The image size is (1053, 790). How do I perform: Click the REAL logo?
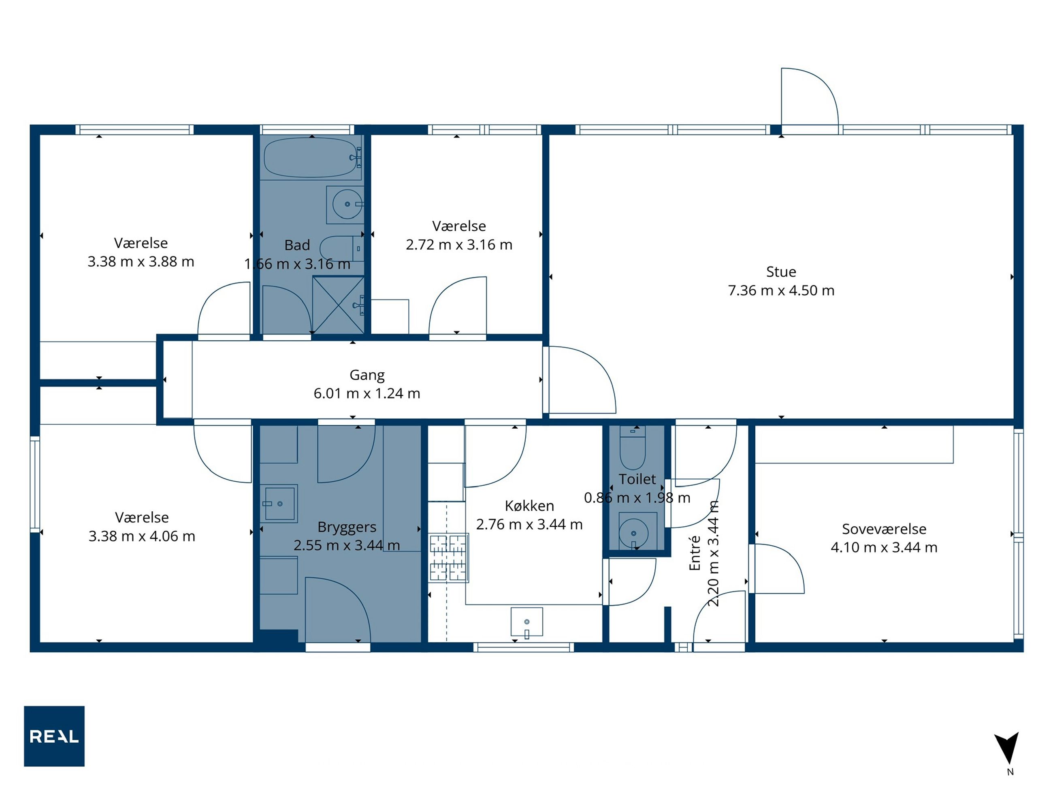click(54, 736)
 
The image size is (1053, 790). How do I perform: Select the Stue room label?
click(781, 272)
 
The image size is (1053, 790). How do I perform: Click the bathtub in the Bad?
click(310, 157)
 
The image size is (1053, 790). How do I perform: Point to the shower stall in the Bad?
click(339, 305)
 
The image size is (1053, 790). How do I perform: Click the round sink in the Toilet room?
click(633, 533)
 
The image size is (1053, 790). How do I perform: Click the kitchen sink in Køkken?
click(526, 621)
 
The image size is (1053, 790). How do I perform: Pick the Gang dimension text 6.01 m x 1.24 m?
click(367, 393)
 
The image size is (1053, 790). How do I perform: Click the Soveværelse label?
click(884, 529)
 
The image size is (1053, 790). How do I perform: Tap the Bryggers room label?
click(347, 527)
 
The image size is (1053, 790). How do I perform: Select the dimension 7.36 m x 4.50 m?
click(781, 290)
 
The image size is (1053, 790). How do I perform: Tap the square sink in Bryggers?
click(279, 503)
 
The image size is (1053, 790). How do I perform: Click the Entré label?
click(695, 553)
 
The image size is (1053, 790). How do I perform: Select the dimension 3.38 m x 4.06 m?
click(142, 536)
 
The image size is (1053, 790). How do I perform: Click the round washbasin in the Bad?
click(347, 204)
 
